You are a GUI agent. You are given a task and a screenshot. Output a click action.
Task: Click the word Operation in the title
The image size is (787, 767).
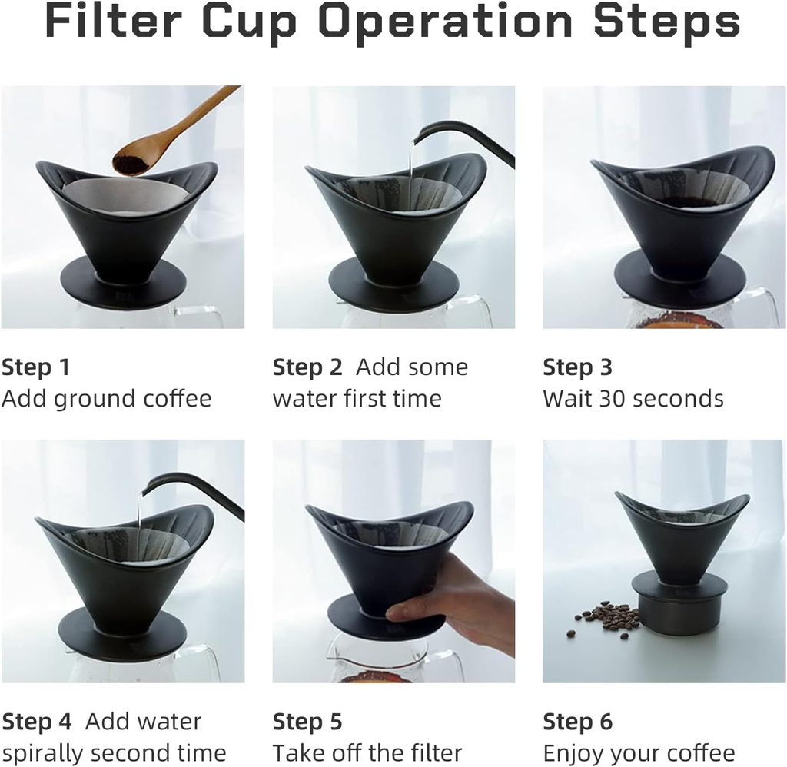tap(445, 24)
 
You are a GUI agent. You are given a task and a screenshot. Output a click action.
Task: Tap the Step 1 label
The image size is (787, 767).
tap(35, 367)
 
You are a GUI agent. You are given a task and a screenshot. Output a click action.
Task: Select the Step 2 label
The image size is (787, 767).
tap(307, 367)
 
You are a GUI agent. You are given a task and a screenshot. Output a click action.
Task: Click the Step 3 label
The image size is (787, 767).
tap(578, 367)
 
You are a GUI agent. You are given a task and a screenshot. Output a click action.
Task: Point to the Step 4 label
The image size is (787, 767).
tap(37, 722)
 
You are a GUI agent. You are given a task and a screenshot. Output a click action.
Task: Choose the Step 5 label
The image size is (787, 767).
tap(307, 722)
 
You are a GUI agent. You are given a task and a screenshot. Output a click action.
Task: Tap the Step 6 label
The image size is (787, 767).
tap(578, 722)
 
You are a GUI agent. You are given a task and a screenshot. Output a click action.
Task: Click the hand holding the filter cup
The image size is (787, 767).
tap(453, 599)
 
